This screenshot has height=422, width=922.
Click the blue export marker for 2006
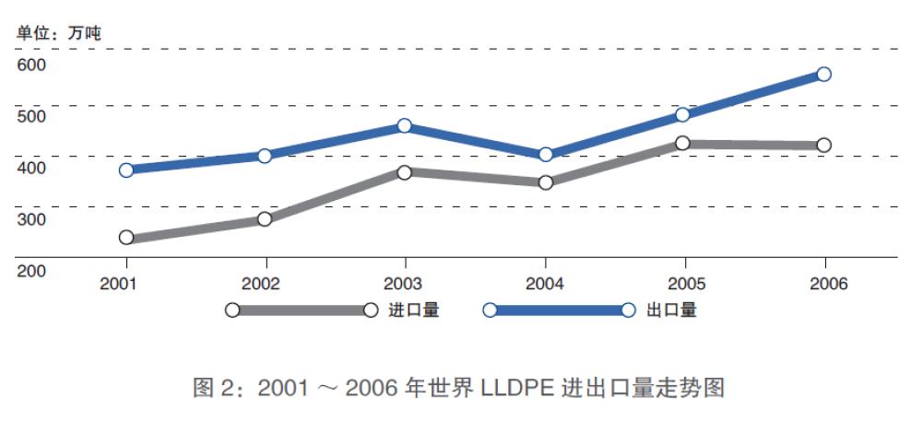(x=824, y=74)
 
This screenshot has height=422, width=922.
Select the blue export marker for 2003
(x=404, y=125)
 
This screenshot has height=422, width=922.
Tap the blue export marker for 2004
(x=546, y=154)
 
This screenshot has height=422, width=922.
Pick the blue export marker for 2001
(x=126, y=170)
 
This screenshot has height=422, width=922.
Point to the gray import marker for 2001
(x=126, y=238)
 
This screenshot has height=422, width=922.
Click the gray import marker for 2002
(x=265, y=219)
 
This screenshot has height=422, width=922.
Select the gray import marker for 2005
(x=683, y=143)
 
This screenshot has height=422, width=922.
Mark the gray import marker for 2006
(x=824, y=145)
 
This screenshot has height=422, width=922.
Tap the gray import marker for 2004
(x=546, y=182)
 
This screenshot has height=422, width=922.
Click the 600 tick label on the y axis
(x=30, y=64)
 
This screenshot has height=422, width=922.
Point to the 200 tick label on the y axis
(x=30, y=271)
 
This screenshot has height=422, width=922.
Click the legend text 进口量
(x=413, y=311)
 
